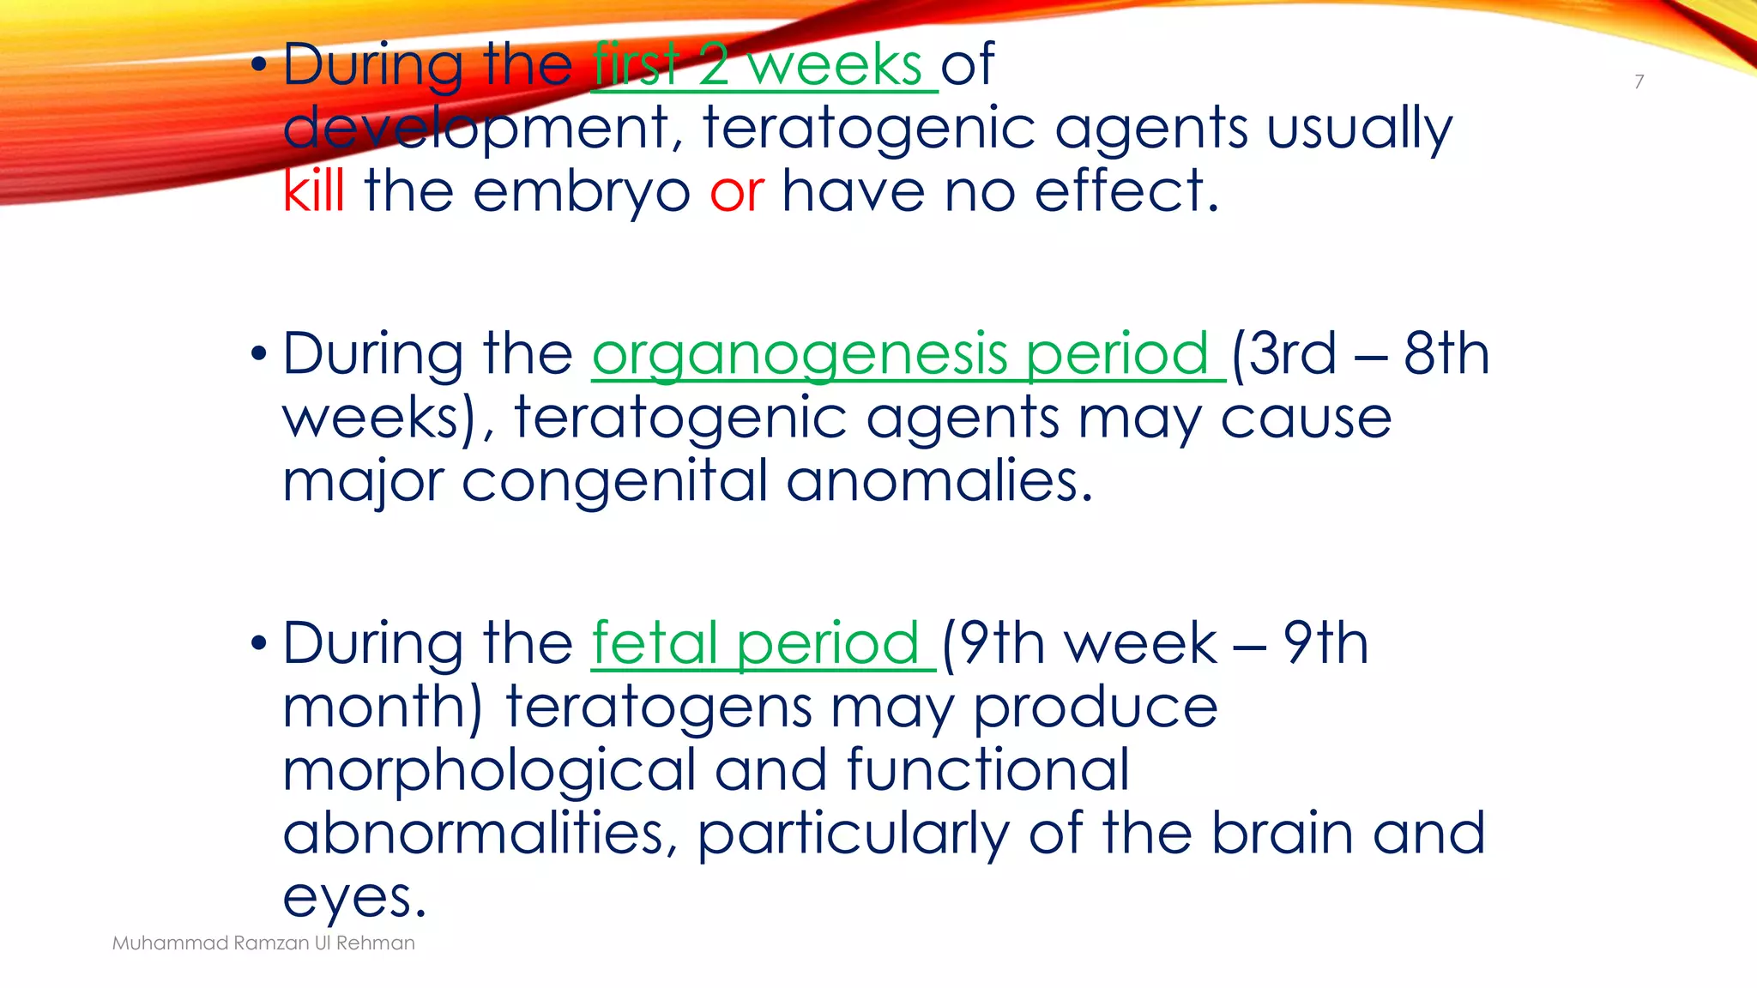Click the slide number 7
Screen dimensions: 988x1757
1639,81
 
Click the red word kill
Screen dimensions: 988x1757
314,190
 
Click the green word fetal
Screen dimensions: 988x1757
655,643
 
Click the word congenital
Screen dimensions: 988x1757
614,481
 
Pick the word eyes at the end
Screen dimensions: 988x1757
353,898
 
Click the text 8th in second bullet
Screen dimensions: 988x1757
1446,353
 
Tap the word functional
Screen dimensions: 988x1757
987,769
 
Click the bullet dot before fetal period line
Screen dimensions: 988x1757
259,644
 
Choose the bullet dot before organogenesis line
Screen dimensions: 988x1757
259,354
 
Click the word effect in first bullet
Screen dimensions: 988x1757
1126,190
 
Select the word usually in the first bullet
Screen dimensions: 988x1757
1359,129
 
